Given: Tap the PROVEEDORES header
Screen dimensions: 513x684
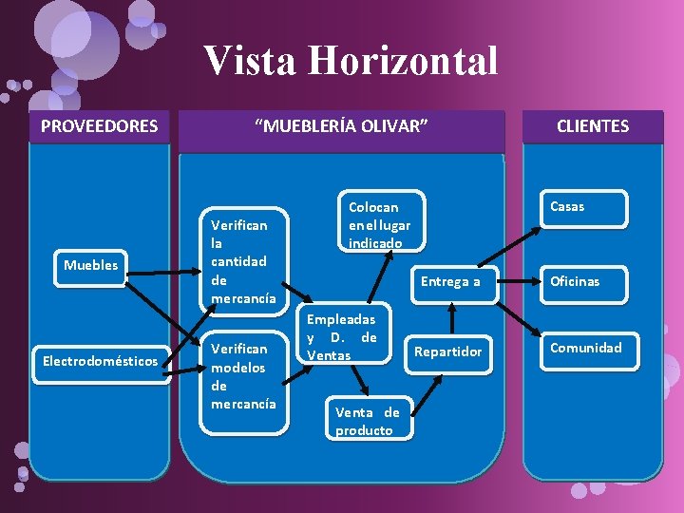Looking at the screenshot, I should click(x=99, y=125).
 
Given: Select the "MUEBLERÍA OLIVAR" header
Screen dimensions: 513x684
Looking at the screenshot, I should click(x=341, y=125).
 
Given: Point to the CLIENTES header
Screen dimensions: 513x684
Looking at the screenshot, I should click(x=592, y=125).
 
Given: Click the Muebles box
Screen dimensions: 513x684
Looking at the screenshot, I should click(x=91, y=265).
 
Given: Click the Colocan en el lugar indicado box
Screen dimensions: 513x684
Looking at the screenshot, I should click(x=379, y=224).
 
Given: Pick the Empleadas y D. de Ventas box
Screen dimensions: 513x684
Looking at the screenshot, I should click(x=342, y=337).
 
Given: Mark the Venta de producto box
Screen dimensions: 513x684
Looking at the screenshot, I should click(x=367, y=421).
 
